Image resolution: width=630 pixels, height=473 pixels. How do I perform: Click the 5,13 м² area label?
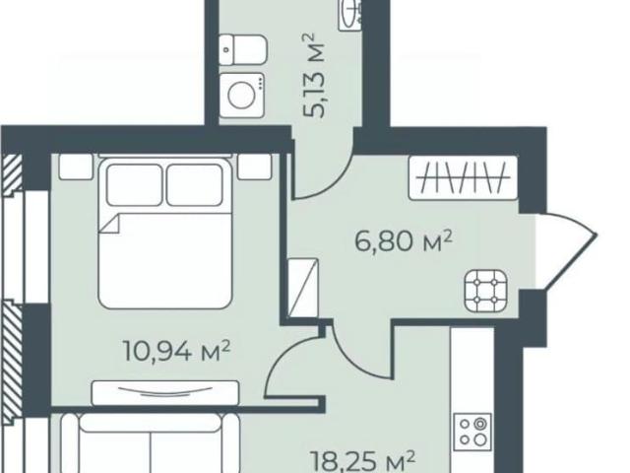point(314,77)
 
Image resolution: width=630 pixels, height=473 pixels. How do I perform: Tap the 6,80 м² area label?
point(404,241)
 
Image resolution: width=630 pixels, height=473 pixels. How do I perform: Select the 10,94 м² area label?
point(176,351)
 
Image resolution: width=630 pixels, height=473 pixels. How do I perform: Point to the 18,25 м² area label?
point(363,461)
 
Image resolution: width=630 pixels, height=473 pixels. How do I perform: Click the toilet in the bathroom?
point(243,49)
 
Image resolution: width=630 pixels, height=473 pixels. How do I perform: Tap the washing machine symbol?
point(241,96)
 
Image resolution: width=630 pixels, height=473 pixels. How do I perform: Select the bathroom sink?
point(350,15)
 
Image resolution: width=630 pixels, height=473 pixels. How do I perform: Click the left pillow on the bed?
point(135,185)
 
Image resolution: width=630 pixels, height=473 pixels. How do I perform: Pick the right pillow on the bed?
point(195,185)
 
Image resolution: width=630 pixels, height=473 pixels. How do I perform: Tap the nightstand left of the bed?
point(76,167)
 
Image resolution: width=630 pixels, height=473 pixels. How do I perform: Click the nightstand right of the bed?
point(254,167)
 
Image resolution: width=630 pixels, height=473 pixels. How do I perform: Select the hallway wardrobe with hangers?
point(463,177)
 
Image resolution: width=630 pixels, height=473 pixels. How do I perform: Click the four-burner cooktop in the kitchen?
point(472,433)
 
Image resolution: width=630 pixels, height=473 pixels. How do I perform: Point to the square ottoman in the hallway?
point(485,291)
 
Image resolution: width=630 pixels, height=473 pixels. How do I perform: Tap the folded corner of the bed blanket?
point(111,224)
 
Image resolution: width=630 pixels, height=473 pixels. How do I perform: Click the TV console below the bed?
point(165,393)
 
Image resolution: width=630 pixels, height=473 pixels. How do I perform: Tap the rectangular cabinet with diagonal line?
point(303,287)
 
